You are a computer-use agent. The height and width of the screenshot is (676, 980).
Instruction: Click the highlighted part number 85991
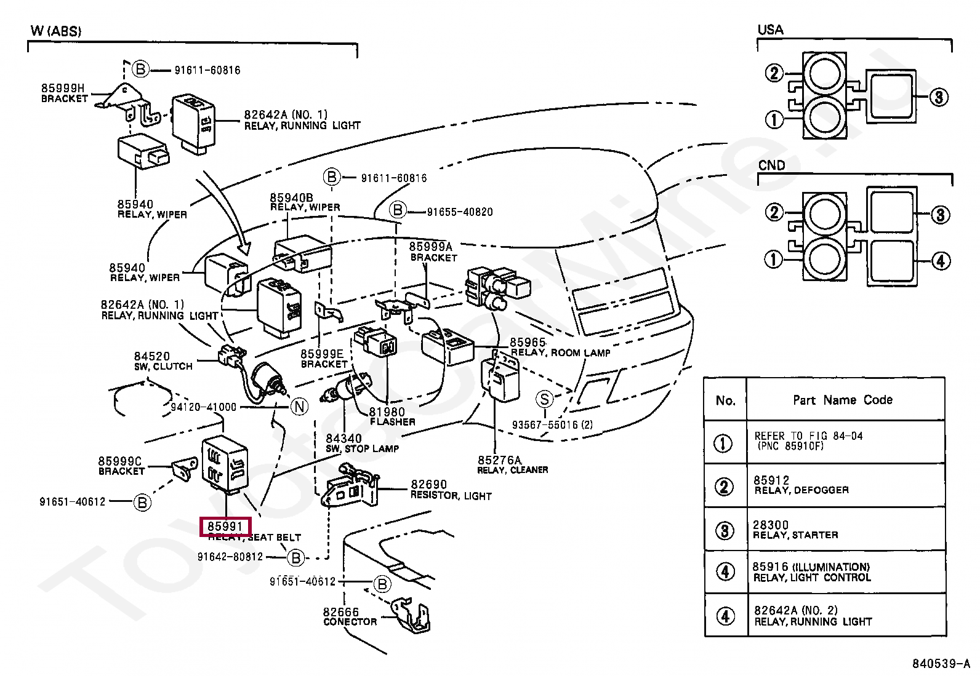[x=225, y=527]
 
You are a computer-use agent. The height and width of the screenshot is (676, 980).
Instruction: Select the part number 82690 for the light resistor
[x=428, y=485]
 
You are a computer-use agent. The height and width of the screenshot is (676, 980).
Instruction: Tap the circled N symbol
[x=299, y=407]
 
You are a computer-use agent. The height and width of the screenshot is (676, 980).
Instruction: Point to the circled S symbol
[x=544, y=399]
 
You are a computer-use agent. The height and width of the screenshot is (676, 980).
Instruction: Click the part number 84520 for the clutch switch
[x=151, y=356]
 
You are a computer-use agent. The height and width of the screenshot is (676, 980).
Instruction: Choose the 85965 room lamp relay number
[x=528, y=343]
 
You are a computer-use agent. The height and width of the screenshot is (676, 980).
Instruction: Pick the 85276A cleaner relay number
[x=499, y=460]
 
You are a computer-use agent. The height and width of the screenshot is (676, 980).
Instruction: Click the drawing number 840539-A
[x=940, y=664]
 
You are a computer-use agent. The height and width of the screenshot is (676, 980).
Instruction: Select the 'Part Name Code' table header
[x=842, y=400]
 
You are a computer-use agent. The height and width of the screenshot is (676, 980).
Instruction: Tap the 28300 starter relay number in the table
[x=770, y=525]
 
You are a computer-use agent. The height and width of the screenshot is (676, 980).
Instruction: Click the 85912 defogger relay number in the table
[x=771, y=480]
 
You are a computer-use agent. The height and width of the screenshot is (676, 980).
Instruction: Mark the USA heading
[x=770, y=30]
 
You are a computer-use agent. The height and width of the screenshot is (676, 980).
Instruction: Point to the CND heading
[x=771, y=165]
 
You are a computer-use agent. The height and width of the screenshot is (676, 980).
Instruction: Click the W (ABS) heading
[x=56, y=31]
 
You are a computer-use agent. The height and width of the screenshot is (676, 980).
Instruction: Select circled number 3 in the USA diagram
[x=938, y=97]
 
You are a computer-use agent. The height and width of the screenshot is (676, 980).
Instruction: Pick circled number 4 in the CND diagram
[x=940, y=261]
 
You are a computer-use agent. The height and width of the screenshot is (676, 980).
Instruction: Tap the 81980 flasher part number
[x=387, y=412]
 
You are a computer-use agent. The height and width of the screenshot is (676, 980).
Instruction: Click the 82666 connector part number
[x=340, y=612]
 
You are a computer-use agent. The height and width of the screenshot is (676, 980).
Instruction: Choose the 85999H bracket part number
[x=63, y=89]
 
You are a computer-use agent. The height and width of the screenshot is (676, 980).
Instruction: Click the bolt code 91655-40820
[x=459, y=212]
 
